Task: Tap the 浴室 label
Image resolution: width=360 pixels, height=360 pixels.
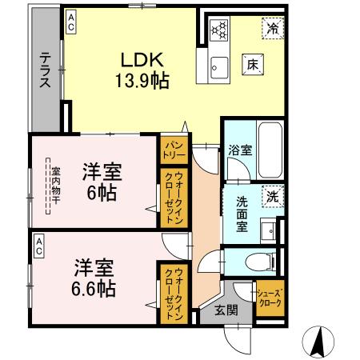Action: pyautogui.click(x=238, y=150)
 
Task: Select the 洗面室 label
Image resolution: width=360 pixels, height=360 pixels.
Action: pyautogui.click(x=241, y=212)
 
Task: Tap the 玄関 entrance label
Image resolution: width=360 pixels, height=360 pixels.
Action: pyautogui.click(x=226, y=310)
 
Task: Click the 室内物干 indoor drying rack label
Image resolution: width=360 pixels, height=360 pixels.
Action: pyautogui.click(x=56, y=187)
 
